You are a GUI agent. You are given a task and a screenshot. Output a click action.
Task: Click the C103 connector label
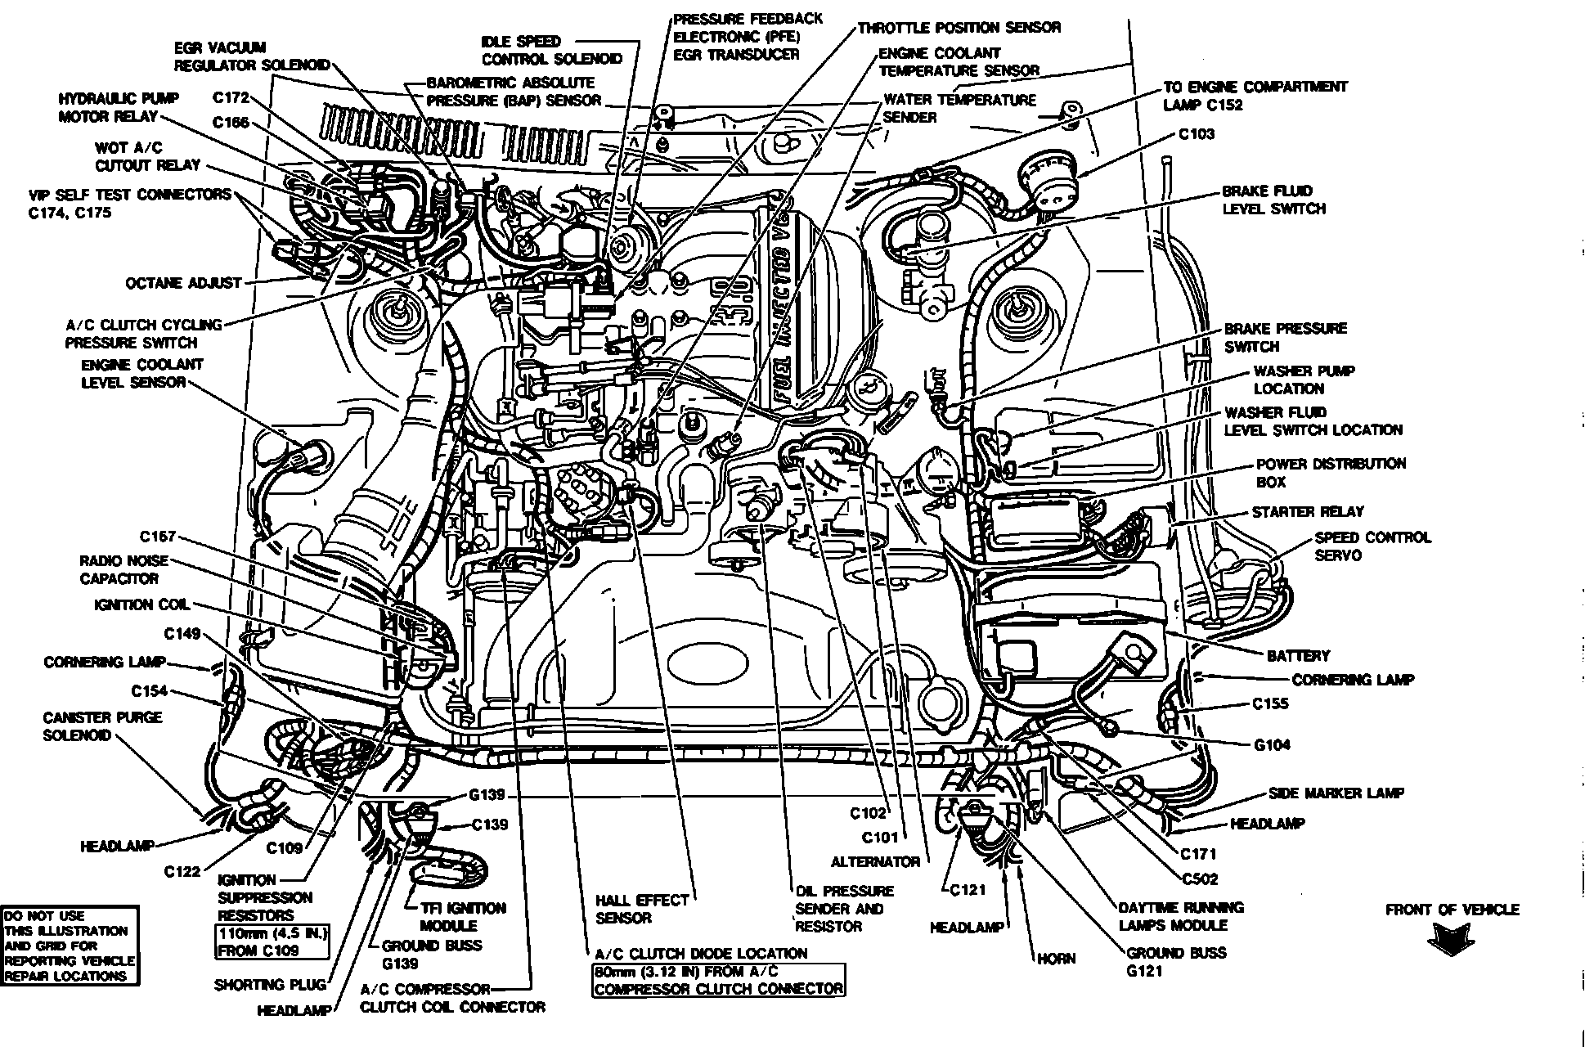1197,134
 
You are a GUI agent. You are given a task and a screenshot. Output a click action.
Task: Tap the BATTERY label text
1298,656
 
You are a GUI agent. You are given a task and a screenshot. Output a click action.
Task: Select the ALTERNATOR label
875,862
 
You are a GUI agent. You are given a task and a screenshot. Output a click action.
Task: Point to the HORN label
1057,958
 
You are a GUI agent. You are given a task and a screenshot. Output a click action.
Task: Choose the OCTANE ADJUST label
183,284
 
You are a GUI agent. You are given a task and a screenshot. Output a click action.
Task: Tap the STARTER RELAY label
1307,512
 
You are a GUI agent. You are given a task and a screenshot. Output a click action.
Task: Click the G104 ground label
1272,744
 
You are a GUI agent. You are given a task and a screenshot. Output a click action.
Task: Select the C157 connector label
158,537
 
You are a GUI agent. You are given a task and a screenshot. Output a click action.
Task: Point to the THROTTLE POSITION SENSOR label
959,28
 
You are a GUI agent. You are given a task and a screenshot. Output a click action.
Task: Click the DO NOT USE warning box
70,946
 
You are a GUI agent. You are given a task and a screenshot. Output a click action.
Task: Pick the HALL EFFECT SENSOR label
642,909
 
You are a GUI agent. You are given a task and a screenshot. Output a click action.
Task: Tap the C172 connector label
231,98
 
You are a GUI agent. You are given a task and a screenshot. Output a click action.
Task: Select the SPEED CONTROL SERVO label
1372,546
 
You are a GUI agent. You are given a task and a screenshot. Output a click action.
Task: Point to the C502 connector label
1200,879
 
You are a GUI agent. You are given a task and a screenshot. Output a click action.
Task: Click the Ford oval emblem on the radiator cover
709,662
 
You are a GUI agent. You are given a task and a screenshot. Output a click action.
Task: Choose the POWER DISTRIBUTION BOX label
1330,473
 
